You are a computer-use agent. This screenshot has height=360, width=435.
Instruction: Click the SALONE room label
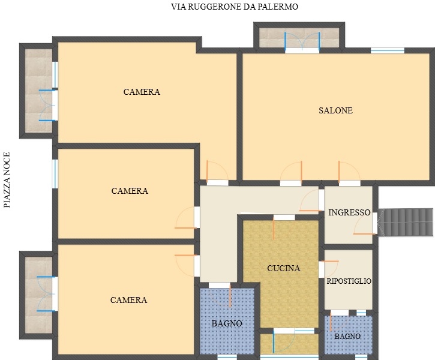335,110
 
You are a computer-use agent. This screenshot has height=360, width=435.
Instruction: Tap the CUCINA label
284,268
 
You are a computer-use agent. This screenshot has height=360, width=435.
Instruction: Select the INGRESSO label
349,212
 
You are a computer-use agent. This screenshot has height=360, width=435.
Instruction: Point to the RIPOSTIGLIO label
349,281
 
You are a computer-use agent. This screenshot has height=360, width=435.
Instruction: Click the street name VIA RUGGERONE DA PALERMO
235,7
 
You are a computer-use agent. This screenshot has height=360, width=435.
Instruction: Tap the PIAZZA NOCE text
7,180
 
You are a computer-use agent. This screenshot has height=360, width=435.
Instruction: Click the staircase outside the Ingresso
406,223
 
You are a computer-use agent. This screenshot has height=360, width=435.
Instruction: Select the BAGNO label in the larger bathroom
227,323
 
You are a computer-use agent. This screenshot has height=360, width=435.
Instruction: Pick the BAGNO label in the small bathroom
347,337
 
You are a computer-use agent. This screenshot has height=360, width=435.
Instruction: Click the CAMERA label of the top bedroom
142,92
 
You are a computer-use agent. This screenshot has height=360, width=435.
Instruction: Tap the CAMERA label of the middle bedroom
130,191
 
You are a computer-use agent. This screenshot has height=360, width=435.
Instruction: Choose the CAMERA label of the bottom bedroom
128,300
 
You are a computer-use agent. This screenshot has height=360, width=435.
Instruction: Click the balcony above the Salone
299,38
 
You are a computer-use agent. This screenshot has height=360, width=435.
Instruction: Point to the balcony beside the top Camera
38,91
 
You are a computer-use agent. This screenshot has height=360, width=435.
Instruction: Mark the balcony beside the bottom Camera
38,295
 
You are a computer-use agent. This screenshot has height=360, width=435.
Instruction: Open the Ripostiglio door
328,269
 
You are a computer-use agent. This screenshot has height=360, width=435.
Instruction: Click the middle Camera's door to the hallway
187,217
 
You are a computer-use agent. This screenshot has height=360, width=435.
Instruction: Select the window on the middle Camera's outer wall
55,173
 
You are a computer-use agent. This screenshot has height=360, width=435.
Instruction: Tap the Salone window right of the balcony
388,50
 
